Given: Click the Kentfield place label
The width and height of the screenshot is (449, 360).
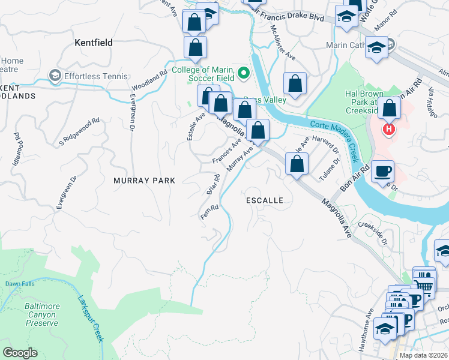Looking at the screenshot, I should pos(93,43).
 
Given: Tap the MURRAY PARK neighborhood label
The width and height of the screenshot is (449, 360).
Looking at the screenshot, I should pos(144,180).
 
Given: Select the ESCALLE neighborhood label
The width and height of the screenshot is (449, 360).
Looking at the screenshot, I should pos(264,200).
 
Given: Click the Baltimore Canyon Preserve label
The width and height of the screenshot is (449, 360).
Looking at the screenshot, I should pos(42,314).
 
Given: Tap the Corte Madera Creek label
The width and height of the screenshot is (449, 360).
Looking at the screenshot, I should pos(336,136).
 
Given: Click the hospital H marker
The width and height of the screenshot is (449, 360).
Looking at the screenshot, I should pos(389,129).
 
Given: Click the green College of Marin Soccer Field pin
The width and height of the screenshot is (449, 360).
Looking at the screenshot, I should pos(243,73).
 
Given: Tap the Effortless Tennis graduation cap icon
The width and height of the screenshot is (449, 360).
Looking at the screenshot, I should pos(55,76).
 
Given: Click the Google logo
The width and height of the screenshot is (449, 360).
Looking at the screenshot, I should pos(20,353).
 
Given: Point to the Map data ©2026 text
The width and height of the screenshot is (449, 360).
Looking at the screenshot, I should pos(424,355).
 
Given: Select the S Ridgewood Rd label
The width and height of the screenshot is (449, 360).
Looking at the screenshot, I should pos(79,132).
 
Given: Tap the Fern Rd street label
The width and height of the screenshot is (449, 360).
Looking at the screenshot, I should pos(208,213).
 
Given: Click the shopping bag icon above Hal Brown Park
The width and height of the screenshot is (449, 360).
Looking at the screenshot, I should pos(390,109).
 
